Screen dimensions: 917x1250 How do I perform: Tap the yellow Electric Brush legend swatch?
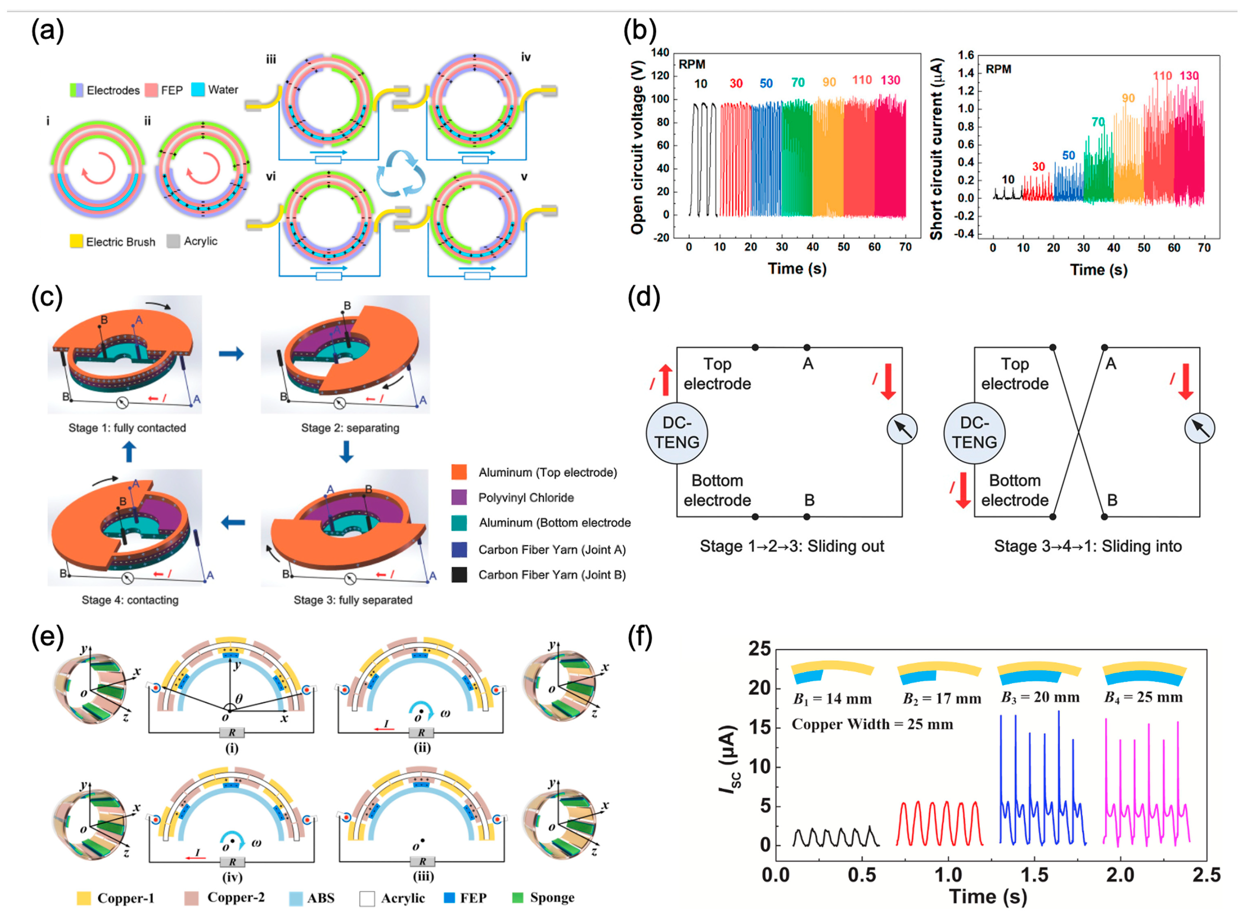(76, 241)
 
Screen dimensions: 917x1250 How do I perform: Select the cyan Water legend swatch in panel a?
(198, 90)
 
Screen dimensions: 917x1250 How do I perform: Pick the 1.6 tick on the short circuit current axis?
(966, 55)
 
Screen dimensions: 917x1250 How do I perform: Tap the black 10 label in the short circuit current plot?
(1008, 179)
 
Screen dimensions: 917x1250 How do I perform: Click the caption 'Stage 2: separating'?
(350, 428)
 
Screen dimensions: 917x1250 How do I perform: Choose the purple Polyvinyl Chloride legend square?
(459, 497)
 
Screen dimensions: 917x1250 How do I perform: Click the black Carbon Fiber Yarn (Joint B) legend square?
(459, 575)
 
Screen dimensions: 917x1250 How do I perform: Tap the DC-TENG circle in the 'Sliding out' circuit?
(676, 433)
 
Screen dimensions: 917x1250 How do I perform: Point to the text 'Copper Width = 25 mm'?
(872, 724)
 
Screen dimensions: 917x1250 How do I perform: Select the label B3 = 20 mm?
(1040, 698)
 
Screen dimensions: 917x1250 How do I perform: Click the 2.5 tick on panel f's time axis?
(1206, 875)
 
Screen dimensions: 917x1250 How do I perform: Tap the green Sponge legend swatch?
(517, 898)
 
